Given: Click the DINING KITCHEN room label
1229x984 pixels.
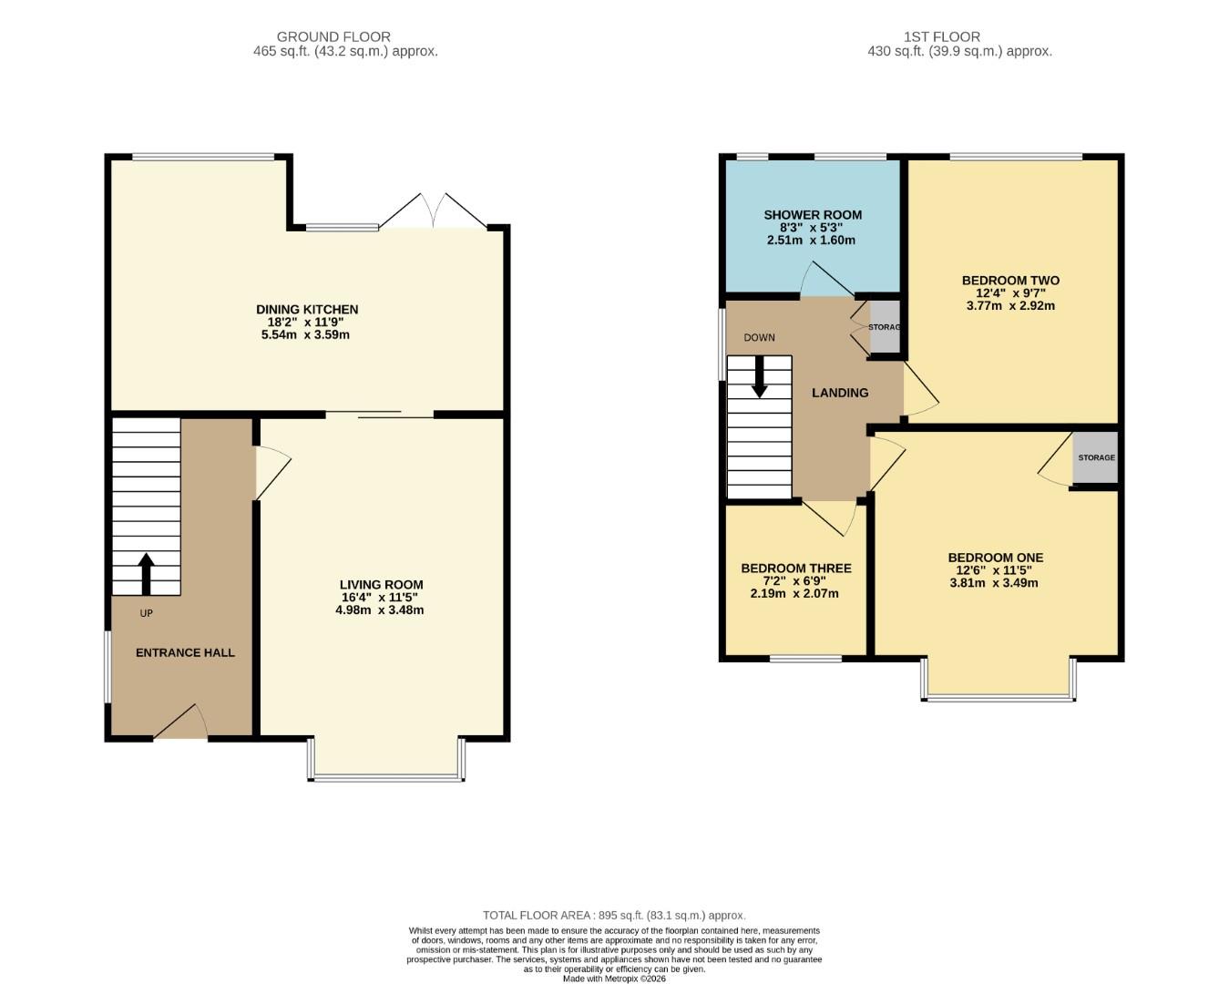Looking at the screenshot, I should point(306,310).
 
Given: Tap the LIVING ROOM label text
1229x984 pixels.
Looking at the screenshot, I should point(381,585).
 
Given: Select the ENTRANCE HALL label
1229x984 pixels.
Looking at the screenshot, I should point(185,652).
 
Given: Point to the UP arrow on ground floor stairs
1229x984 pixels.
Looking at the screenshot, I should point(146,573).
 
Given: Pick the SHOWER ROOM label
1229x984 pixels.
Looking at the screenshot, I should point(812,215).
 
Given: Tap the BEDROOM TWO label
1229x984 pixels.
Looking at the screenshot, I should point(1010,281).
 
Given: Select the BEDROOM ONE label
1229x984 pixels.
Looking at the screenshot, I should point(995,558).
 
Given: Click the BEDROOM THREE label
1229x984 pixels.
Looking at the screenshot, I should point(795,568).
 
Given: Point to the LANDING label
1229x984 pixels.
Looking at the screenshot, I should point(839,393).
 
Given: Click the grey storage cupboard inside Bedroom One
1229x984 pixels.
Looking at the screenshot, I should point(1095,457).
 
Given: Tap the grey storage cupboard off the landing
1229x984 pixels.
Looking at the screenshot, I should point(884,327).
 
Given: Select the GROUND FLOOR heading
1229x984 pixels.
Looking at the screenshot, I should point(333,36).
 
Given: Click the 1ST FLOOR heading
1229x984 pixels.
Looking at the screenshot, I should point(941,36).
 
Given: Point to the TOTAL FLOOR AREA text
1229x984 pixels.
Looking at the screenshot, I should point(613,915).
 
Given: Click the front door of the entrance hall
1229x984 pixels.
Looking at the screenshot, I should point(181,726).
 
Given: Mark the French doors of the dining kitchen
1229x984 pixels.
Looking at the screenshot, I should point(434,212).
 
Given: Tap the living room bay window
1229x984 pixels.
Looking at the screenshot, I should point(386,776).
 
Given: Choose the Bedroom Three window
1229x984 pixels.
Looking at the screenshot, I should point(805,658).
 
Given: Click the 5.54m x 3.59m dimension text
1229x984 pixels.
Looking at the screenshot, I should point(305,334).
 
